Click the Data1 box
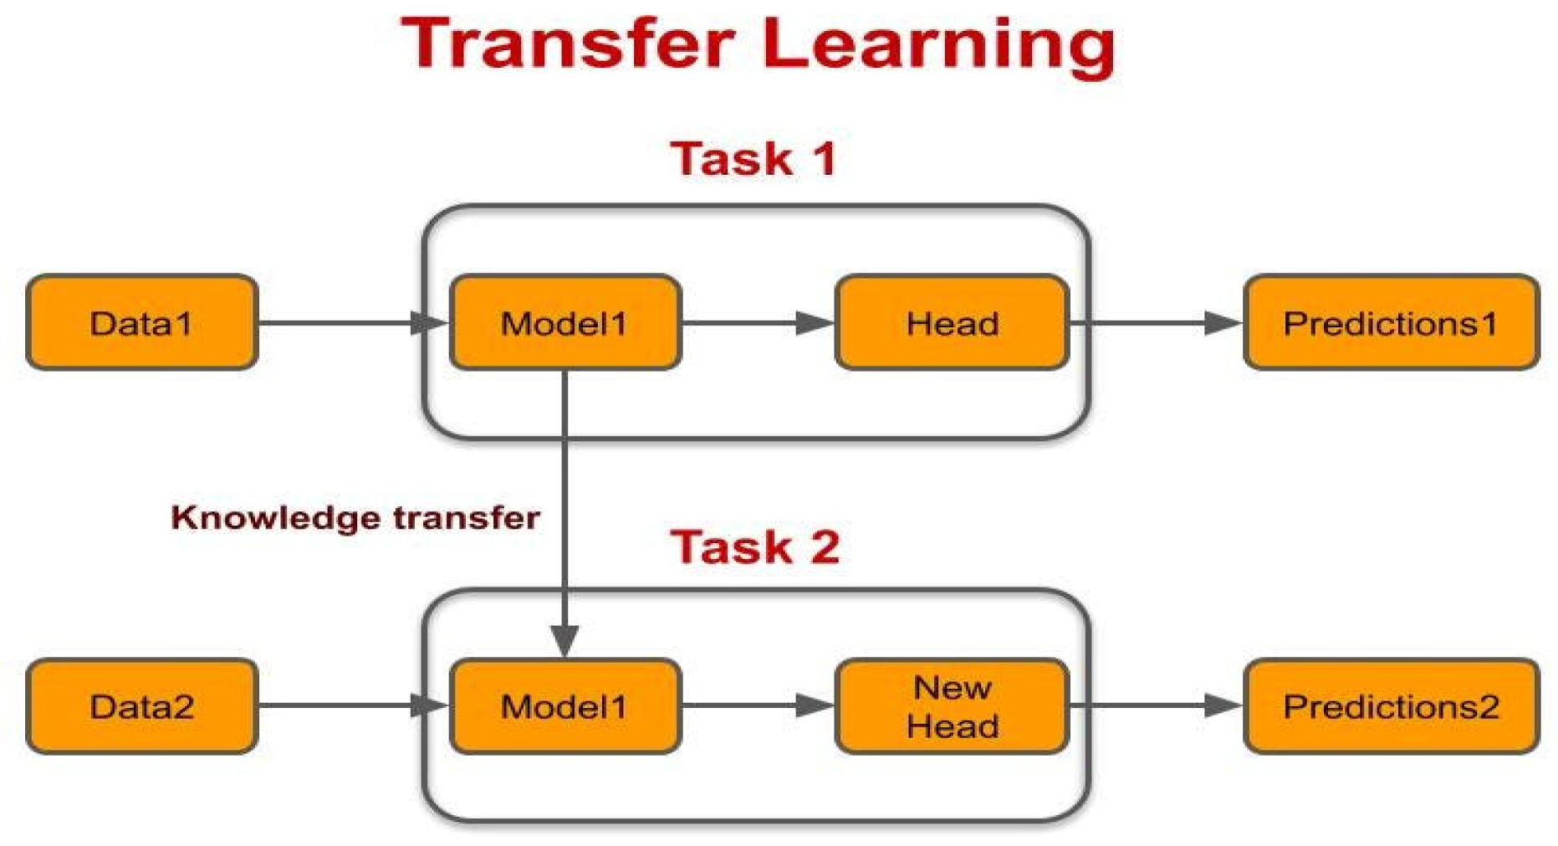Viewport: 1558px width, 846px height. (142, 322)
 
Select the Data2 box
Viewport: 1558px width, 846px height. (142, 706)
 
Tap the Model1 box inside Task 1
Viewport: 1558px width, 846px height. (565, 322)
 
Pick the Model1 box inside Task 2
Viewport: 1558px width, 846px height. (565, 706)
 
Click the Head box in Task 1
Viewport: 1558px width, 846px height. (953, 322)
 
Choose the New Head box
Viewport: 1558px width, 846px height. (953, 706)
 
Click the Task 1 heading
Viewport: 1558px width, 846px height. (753, 158)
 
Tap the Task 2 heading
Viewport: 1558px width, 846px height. (755, 546)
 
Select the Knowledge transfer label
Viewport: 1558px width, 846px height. (355, 518)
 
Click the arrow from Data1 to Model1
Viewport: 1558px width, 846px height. (354, 322)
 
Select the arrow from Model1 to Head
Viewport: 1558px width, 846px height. (759, 322)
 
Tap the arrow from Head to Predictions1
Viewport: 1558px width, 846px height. (1157, 322)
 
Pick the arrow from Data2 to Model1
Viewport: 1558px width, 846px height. (354, 705)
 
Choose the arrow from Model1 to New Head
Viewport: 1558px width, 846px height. (759, 705)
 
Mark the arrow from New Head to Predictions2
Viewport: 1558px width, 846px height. (1157, 705)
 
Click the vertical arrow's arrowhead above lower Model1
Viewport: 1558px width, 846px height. (565, 641)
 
